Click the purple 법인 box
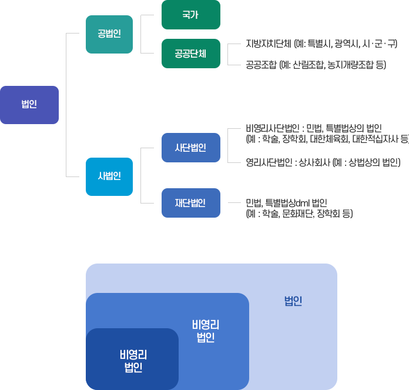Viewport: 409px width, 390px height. click(29, 105)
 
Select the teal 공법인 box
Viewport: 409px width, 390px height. click(109, 34)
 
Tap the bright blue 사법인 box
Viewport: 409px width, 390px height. click(109, 176)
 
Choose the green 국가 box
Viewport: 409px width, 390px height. click(190, 15)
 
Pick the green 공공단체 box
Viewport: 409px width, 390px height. click(190, 53)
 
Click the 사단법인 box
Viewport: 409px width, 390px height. click(190, 148)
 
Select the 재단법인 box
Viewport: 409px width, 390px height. click(190, 203)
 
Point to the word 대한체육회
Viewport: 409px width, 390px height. click(329, 139)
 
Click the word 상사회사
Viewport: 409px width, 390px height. click(314, 162)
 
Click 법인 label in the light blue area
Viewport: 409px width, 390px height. click(293, 302)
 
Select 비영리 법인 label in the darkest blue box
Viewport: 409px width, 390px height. click(133, 361)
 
